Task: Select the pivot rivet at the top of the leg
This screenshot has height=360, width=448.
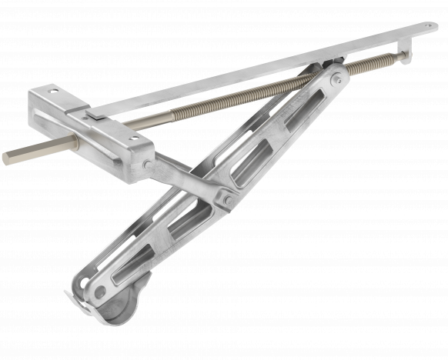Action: (335, 79)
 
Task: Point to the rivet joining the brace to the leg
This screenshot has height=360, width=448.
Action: (227, 200)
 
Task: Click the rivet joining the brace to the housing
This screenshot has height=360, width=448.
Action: (147, 164)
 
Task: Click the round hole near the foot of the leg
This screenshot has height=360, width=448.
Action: (101, 291)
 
